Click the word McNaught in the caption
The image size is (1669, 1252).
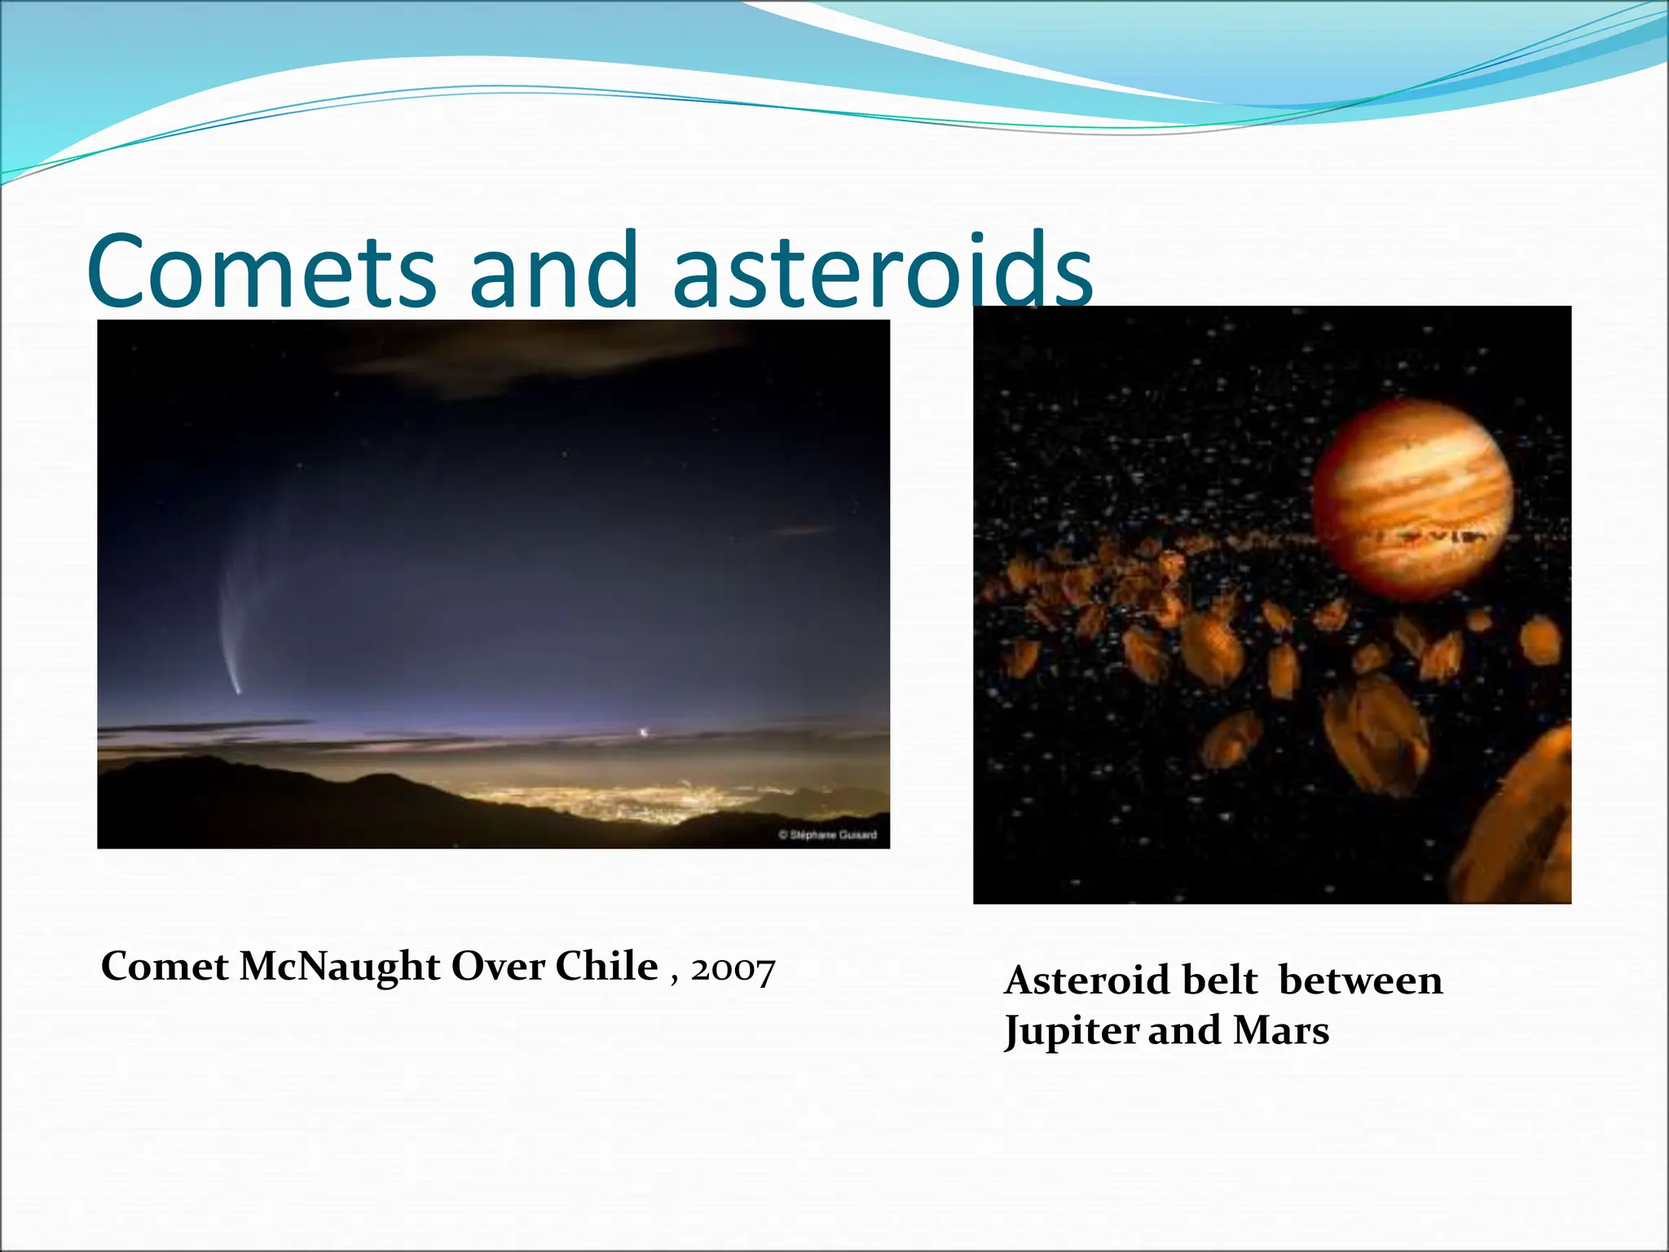(x=340, y=968)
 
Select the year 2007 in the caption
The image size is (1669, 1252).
(x=733, y=970)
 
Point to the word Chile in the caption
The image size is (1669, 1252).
(x=606, y=967)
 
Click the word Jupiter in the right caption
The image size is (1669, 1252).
(x=1071, y=1032)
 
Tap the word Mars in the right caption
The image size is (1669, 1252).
(x=1281, y=1030)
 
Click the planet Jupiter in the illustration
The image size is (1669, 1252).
(x=1412, y=499)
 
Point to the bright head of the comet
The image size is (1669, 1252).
(x=238, y=691)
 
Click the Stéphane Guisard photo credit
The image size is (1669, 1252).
(x=827, y=835)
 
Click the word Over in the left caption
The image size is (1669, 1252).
(x=497, y=968)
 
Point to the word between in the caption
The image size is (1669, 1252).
(x=1360, y=981)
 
